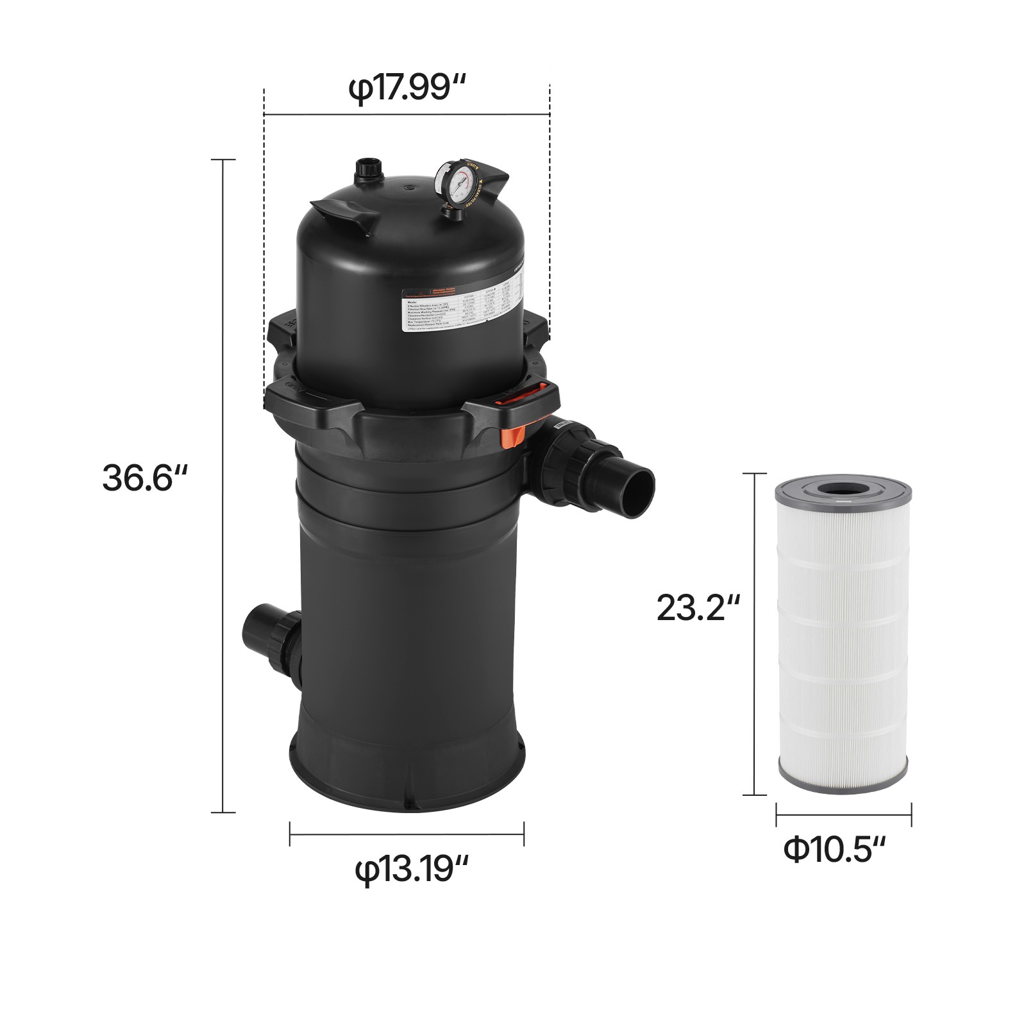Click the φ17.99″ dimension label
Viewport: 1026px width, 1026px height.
point(406,89)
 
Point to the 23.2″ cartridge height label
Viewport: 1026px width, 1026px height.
point(698,607)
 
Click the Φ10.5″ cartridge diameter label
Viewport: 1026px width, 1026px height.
point(834,850)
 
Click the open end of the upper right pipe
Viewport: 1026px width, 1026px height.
point(639,491)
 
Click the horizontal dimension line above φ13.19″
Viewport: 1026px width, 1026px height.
point(407,834)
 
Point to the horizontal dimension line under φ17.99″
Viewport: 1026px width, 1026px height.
point(407,115)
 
